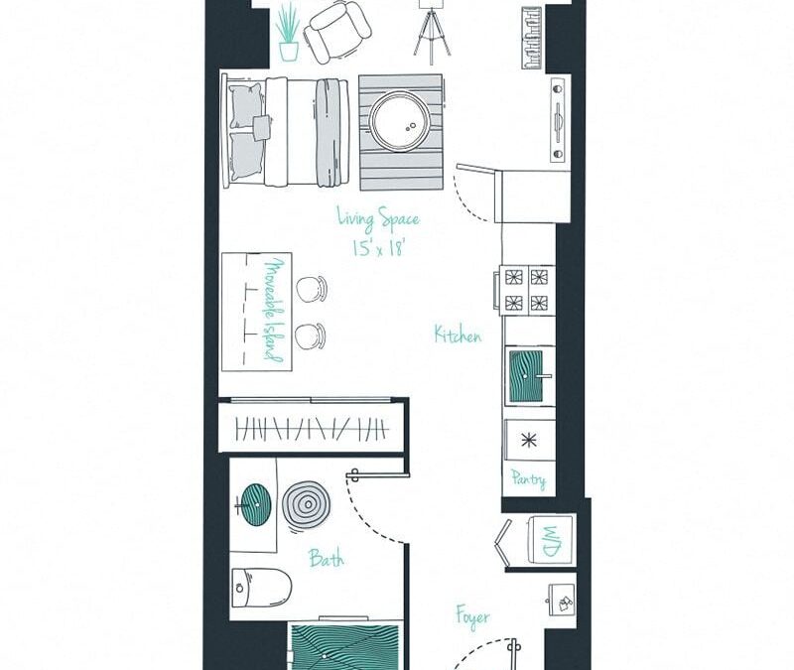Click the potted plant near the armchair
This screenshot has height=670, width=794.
coord(289,33)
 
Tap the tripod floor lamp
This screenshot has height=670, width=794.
coord(432,31)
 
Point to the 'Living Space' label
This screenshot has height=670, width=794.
coord(378,218)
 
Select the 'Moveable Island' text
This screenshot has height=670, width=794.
coord(273,311)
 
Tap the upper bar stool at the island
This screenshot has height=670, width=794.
coord(311,289)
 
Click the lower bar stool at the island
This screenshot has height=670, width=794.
coord(310,336)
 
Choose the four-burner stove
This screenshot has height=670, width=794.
coord(525,290)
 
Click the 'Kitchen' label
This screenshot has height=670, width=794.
coord(458,335)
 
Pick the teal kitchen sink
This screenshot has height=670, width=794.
coord(527,376)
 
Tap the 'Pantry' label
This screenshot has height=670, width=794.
coord(528,479)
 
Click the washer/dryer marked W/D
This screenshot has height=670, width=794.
coord(551,539)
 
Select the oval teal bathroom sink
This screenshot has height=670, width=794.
coord(255,505)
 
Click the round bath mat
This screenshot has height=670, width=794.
coord(307,504)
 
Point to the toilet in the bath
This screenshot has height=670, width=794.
coord(262,588)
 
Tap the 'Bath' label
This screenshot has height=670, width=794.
coord(327,559)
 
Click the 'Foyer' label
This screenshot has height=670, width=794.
coord(473,616)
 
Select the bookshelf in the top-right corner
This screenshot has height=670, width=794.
coord(533,38)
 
